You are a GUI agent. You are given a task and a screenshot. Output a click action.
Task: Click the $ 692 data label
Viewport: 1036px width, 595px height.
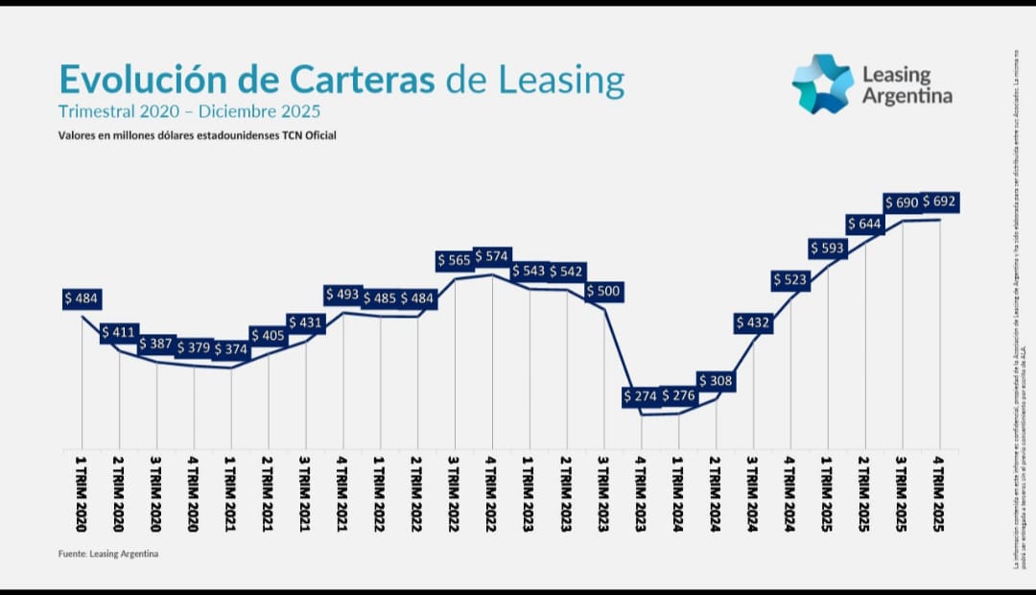pyautogui.click(x=940, y=202)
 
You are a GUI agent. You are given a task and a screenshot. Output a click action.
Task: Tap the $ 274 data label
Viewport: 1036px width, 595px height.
pyautogui.click(x=641, y=395)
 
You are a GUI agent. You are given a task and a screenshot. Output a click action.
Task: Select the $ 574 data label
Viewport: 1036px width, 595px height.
pyautogui.click(x=492, y=256)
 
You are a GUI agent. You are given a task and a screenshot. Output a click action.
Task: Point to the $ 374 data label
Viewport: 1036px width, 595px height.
pyautogui.click(x=231, y=349)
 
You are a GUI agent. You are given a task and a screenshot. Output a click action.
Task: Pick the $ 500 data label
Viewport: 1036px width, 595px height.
pyautogui.click(x=604, y=291)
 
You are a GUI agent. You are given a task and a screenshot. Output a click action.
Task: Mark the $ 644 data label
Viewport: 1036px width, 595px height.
pyautogui.click(x=865, y=224)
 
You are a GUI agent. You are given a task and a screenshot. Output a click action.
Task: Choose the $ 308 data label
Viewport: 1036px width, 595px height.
pyautogui.click(x=716, y=381)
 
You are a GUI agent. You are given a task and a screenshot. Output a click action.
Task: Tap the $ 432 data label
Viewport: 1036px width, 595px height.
pyautogui.click(x=753, y=323)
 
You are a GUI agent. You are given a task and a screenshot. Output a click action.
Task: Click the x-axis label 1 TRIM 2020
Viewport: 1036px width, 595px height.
pyautogui.click(x=82, y=494)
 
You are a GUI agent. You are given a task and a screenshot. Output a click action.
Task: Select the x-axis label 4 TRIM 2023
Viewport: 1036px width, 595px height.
pyautogui.click(x=641, y=494)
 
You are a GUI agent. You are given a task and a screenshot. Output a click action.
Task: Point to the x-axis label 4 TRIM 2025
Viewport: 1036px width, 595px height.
pyautogui.click(x=939, y=494)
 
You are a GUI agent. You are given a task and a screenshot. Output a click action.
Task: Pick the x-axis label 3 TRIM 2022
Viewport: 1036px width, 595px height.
pyautogui.click(x=455, y=494)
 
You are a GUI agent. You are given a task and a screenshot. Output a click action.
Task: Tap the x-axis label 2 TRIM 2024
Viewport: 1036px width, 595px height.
pyautogui.click(x=716, y=494)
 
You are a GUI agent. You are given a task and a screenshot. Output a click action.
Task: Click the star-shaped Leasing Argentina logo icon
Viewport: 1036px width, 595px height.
pyautogui.click(x=822, y=84)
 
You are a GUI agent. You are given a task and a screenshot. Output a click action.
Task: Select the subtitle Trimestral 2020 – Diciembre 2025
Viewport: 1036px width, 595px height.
pyautogui.click(x=189, y=111)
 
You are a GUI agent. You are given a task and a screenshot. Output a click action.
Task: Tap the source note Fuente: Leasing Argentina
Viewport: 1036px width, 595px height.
pyautogui.click(x=107, y=554)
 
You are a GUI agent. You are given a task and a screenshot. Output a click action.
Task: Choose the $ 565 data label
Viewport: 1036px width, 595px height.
pyautogui.click(x=455, y=260)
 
